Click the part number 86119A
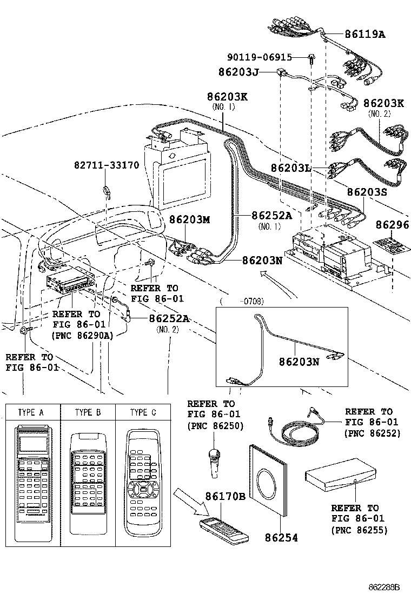[x=365, y=34]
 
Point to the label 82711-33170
[x=107, y=164]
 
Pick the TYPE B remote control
[x=88, y=476]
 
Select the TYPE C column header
[x=143, y=412]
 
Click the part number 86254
[x=281, y=538]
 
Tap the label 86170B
[x=225, y=497]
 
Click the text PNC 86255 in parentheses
[x=359, y=530]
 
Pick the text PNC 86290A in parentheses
[x=83, y=336]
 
